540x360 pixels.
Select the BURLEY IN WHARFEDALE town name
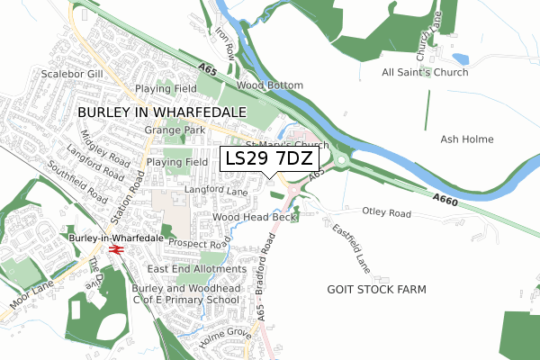pyautogui.click(x=162, y=111)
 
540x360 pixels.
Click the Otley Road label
pyautogui.click(x=386, y=212)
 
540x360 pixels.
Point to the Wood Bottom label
pyautogui.click(x=270, y=85)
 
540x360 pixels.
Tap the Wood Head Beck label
pyautogui.click(x=255, y=218)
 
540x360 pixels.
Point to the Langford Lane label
pyautogui.click(x=215, y=191)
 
